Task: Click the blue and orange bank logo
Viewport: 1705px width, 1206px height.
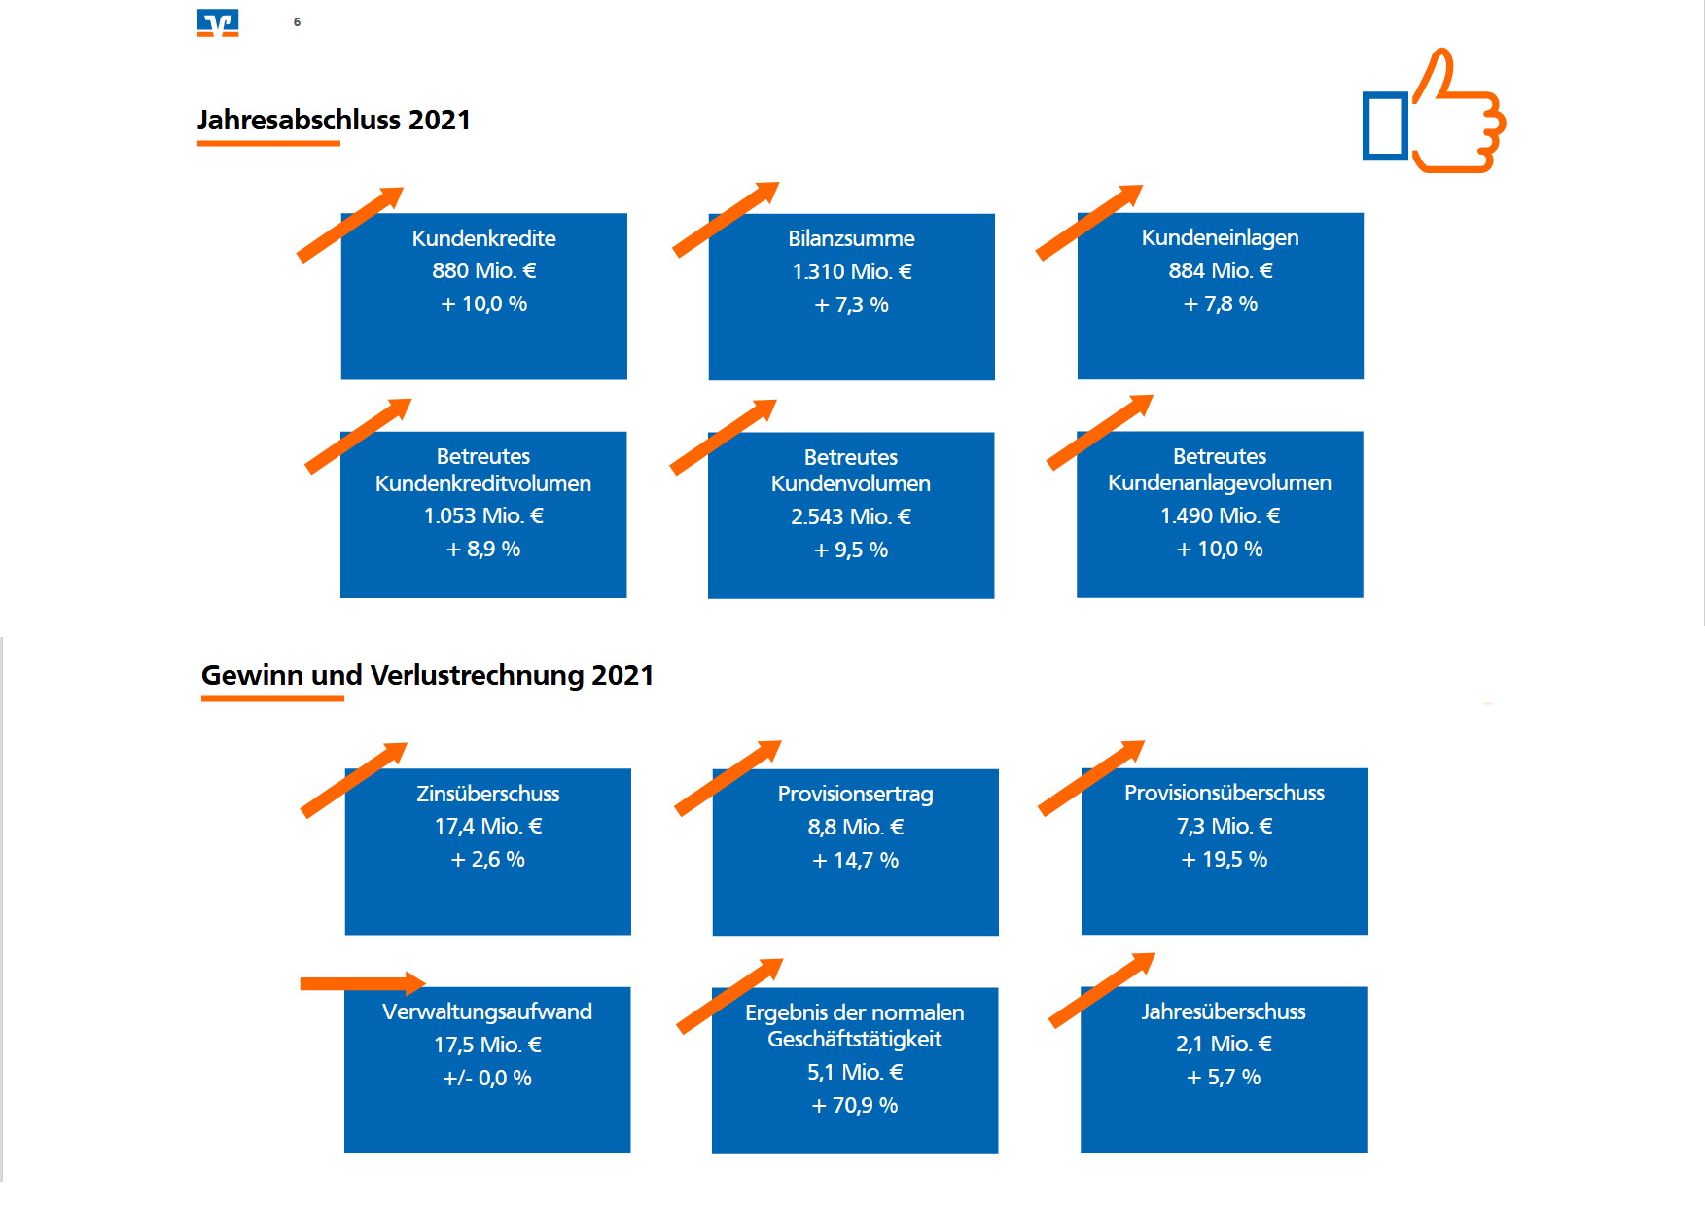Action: coord(218,22)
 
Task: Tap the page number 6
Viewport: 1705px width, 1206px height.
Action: coord(297,21)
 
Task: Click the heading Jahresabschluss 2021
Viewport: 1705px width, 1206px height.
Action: coord(334,120)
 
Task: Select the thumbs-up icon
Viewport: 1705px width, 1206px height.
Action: coord(1434,111)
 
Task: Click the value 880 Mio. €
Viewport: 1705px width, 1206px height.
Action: coord(484,270)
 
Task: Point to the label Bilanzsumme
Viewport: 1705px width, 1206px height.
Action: coord(851,238)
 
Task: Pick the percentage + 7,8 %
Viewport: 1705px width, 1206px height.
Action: coord(1220,303)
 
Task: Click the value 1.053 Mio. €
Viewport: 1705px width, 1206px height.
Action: coord(483,515)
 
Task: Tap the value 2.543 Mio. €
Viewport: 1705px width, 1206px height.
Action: coord(851,516)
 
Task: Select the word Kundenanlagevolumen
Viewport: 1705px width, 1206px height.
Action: coord(1220,482)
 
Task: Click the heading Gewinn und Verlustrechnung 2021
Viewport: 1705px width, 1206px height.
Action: coord(427,675)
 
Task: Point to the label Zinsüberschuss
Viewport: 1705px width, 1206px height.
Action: coord(488,794)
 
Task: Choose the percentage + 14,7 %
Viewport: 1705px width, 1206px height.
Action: coord(855,860)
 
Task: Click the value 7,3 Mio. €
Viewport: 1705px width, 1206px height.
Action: coord(1225,826)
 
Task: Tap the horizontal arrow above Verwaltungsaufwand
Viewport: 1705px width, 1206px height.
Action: coord(363,983)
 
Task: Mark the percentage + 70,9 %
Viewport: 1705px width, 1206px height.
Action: coord(855,1105)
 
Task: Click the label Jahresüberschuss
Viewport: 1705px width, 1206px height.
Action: coord(1224,1011)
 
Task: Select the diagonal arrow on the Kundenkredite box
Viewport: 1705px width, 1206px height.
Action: coord(350,225)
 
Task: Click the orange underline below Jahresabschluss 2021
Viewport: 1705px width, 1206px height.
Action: coord(268,143)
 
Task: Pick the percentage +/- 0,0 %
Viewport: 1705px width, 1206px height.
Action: coord(487,1078)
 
